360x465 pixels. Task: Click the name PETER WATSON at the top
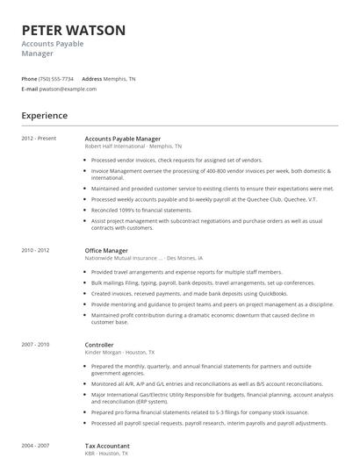click(73, 30)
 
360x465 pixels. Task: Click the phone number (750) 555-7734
click(57, 79)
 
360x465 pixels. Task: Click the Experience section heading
click(45, 115)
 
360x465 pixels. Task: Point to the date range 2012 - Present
click(39, 139)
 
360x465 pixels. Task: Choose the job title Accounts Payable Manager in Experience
click(122, 139)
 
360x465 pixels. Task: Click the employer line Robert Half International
click(133, 147)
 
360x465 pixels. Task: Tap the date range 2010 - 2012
click(36, 250)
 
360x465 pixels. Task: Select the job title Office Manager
click(106, 250)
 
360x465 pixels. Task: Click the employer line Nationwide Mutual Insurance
click(143, 258)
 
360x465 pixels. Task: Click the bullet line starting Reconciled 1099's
click(141, 210)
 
